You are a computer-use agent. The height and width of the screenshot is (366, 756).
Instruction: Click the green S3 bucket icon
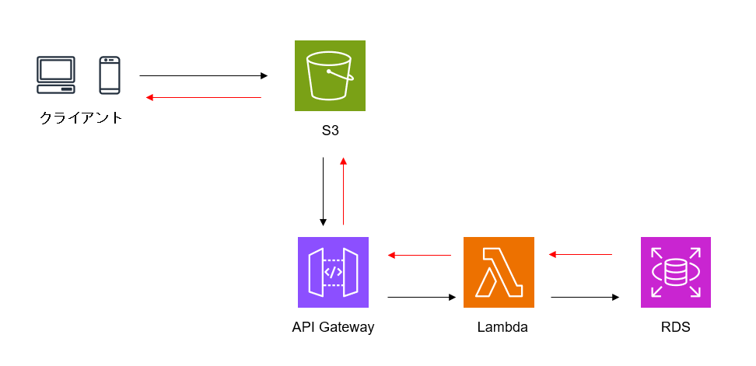tap(330, 75)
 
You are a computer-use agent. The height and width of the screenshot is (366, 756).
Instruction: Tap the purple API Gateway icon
tap(333, 272)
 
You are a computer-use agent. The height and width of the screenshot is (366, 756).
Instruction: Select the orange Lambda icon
tap(499, 272)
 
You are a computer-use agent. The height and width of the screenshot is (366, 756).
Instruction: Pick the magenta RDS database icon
tap(675, 272)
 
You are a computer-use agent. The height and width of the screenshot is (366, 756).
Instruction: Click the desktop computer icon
tap(57, 75)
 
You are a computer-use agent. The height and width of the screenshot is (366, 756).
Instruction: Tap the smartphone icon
tap(109, 75)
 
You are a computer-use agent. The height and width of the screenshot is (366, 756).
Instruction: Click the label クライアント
tap(82, 118)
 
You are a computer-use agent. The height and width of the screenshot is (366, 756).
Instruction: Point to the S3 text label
tap(330, 131)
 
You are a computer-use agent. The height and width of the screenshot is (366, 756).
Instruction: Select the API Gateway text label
tap(333, 327)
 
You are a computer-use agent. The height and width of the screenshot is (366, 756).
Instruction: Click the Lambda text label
tap(502, 327)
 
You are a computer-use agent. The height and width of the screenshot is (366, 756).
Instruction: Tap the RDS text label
tap(674, 327)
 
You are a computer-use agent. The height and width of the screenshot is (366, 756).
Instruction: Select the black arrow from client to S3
tap(203, 76)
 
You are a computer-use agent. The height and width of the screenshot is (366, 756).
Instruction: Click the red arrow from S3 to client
tap(204, 97)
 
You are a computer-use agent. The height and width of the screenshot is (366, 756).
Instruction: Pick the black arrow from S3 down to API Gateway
tap(323, 191)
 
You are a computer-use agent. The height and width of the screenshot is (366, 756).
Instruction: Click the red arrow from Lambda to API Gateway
tap(420, 255)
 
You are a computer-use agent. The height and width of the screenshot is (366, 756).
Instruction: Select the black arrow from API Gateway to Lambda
tap(421, 297)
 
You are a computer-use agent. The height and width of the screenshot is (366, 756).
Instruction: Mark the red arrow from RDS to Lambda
tap(581, 254)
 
